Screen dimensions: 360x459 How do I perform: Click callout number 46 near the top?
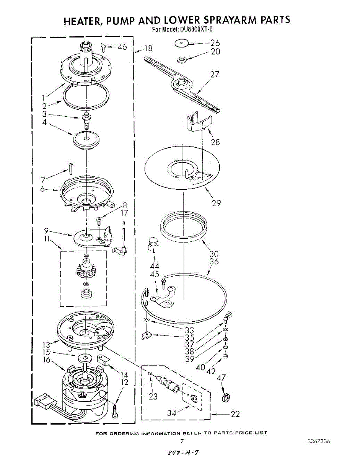pyautogui.click(x=122, y=47)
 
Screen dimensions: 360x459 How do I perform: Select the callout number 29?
pyautogui.click(x=216, y=203)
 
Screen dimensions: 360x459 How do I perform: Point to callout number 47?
pyautogui.click(x=222, y=378)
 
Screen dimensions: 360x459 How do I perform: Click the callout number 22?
pyautogui.click(x=235, y=414)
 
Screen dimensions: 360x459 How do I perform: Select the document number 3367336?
pyautogui.click(x=318, y=441)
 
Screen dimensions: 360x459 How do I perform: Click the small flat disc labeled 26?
pyautogui.click(x=183, y=43)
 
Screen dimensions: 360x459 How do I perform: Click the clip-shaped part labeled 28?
pyautogui.click(x=197, y=122)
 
